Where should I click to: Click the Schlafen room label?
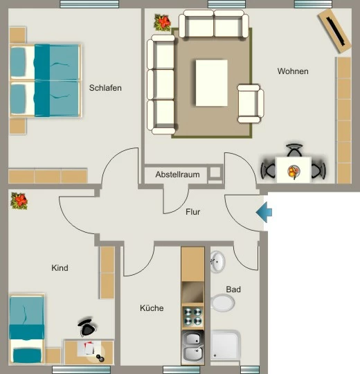pos(105,88)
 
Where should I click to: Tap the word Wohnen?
pos(293,71)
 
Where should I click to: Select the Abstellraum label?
pos(178,175)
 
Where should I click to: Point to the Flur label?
pos(193,212)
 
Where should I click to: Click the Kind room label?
pos(60,268)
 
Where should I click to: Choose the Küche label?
pos(152,308)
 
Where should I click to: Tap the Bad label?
pos(233,290)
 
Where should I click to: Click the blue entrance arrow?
pos(264,213)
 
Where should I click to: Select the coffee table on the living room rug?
pos(211,83)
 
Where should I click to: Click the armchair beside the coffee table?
pos(251,104)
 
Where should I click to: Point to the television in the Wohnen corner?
pos(334,31)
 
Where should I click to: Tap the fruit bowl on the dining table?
pos(294,172)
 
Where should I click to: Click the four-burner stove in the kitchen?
pos(192,317)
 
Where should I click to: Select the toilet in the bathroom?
pos(222,303)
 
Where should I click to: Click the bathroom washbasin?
pos(217,262)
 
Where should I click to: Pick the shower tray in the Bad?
pos(225,345)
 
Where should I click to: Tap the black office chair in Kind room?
pos(87,327)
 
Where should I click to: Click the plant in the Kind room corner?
pos(19,201)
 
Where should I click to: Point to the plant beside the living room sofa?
pos(163,23)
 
